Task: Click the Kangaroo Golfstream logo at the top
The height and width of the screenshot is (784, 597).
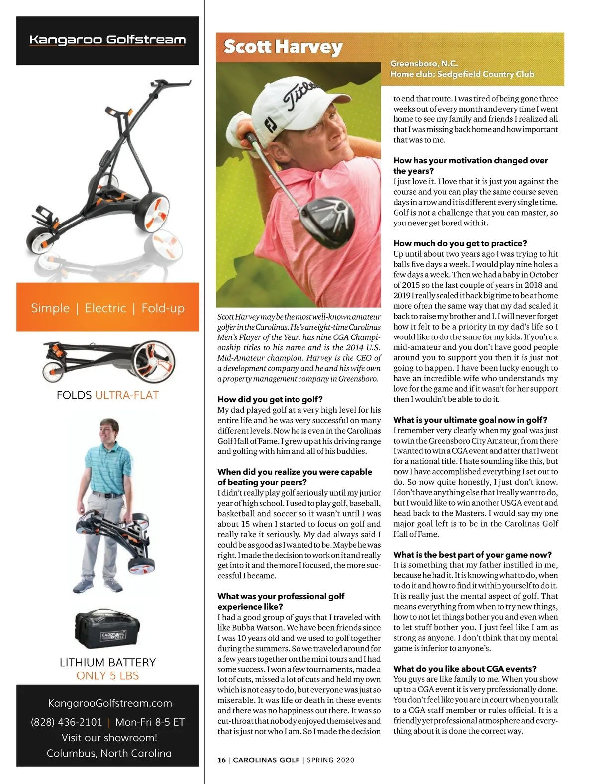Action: pos(107,40)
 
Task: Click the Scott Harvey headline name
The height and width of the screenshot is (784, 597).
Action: pos(283,47)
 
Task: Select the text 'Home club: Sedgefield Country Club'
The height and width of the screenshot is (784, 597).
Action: pos(462,74)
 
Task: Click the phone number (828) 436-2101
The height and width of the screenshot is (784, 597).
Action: pos(67,722)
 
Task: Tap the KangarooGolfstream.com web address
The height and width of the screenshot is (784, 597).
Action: pos(110,703)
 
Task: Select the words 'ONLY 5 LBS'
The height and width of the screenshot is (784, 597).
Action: pos(107,675)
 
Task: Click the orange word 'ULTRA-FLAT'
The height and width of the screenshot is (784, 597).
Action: pos(127,395)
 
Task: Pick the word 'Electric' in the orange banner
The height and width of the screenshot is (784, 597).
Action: pos(105,308)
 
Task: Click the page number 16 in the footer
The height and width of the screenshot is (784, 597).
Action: pos(221,760)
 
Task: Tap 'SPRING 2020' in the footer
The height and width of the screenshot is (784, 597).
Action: pos(331,760)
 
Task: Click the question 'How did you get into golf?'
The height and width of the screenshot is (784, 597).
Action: pos(270,399)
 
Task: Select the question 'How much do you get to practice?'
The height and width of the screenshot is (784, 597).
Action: pos(460,243)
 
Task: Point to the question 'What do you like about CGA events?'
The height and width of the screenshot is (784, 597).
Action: pos(465,669)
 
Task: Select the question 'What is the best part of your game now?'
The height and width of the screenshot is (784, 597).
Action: pos(472,555)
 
